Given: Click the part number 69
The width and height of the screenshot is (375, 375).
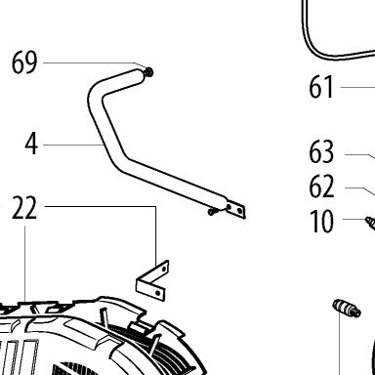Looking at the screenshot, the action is click(24, 62).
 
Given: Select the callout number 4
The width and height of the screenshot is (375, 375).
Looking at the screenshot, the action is click(31, 144).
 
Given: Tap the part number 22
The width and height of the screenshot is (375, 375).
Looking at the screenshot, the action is click(24, 208).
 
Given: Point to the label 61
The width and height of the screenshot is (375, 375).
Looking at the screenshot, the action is click(321, 87).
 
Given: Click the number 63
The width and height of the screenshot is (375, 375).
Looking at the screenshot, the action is click(321, 151).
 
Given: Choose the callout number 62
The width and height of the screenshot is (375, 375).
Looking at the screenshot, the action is click(321, 187).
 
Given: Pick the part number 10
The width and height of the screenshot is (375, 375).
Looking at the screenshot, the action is click(321, 222).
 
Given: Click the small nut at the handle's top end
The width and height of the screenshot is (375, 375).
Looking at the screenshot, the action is click(148, 72).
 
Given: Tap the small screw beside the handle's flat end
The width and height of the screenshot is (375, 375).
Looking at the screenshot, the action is click(212, 212).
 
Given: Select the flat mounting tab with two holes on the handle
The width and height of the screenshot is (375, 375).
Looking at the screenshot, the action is click(235, 209).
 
